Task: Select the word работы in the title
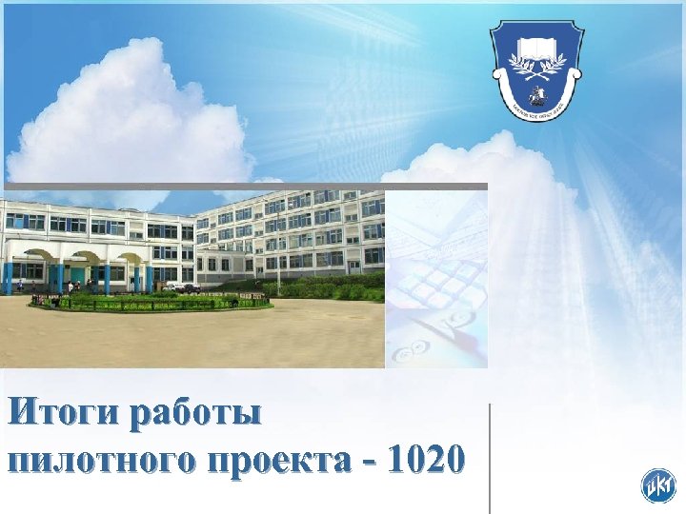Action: (x=195, y=416)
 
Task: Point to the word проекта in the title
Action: (x=287, y=461)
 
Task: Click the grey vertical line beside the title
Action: (x=490, y=457)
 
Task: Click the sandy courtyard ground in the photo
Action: (x=191, y=338)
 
